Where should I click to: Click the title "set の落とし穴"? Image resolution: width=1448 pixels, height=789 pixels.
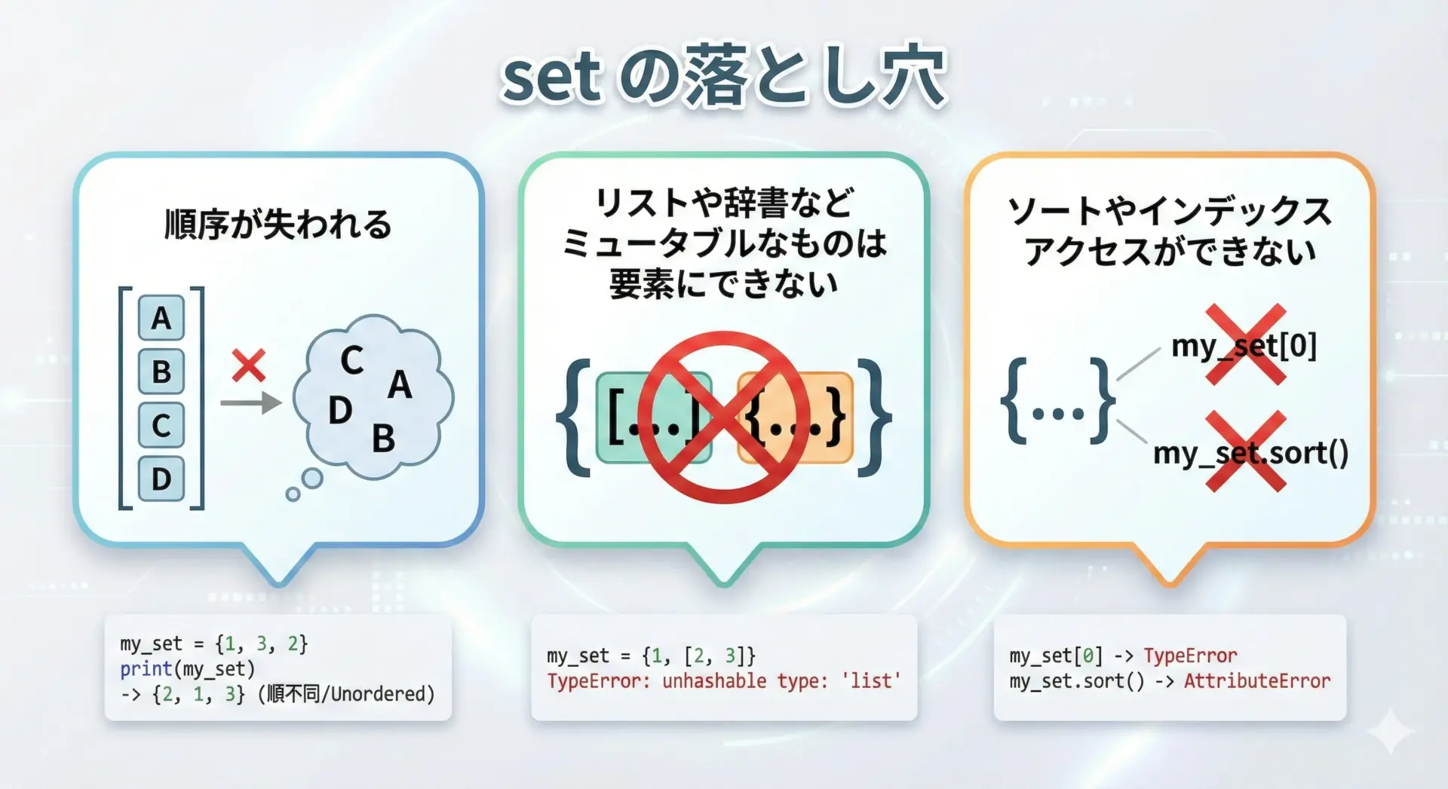click(723, 76)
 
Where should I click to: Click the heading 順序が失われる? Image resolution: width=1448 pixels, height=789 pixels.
click(278, 225)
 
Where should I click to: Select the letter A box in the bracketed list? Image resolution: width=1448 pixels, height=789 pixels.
click(161, 318)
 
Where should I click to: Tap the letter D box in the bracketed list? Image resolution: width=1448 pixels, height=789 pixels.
click(161, 479)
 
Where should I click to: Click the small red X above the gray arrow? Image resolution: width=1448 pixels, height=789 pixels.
click(249, 365)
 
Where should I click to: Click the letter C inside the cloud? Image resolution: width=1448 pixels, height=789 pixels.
click(351, 360)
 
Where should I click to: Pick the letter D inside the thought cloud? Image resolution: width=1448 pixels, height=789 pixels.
click(340, 411)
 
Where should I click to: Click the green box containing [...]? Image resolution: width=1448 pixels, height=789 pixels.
click(653, 417)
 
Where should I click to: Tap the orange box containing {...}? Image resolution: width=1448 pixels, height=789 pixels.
click(795, 417)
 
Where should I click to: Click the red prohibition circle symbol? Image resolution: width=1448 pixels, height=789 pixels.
click(724, 417)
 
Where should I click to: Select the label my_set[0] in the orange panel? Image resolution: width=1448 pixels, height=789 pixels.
click(1244, 346)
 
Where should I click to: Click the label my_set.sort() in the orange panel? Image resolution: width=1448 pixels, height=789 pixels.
click(1250, 453)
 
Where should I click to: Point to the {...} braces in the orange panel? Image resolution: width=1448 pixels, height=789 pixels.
click(1057, 400)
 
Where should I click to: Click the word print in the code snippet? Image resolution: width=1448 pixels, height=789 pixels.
click(146, 668)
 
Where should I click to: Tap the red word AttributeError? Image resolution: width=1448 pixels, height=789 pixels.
click(1257, 680)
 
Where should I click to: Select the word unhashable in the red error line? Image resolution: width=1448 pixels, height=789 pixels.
click(714, 680)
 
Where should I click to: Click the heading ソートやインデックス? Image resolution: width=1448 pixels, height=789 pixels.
click(1170, 210)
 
